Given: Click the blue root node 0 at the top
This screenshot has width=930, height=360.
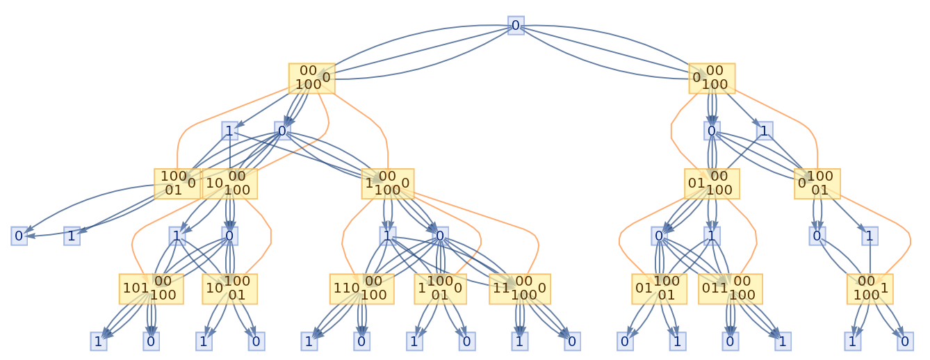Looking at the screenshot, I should point(516,26).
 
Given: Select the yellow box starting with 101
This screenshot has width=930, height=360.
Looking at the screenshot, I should point(151,289).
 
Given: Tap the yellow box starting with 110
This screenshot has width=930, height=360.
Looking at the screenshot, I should point(361,289).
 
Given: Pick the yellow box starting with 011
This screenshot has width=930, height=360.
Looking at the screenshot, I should point(730,289).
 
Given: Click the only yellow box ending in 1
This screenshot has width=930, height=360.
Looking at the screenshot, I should point(869,289).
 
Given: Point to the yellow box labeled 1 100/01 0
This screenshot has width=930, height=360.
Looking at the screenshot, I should point(440,289).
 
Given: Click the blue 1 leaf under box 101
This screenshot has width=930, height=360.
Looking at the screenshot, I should point(98,341).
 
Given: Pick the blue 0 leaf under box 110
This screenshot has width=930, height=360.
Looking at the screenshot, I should point(361,341).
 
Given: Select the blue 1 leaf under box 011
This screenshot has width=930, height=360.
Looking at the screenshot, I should point(783,341).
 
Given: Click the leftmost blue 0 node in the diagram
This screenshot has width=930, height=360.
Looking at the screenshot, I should point(19,236).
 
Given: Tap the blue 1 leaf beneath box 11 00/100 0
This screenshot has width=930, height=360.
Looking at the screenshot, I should point(519,341).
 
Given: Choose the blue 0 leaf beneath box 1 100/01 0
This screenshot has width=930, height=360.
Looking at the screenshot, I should point(467,341).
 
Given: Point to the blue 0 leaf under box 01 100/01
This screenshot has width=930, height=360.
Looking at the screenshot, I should point(625,341).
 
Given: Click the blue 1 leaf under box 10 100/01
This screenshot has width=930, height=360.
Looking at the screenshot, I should point(204,341).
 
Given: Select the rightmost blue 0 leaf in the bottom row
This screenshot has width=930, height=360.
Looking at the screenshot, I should point(904,341).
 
